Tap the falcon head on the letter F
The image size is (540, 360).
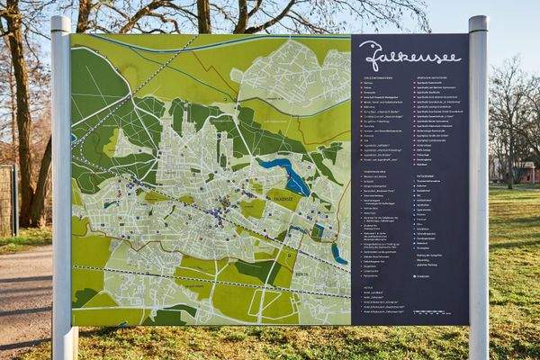click(366, 46)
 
